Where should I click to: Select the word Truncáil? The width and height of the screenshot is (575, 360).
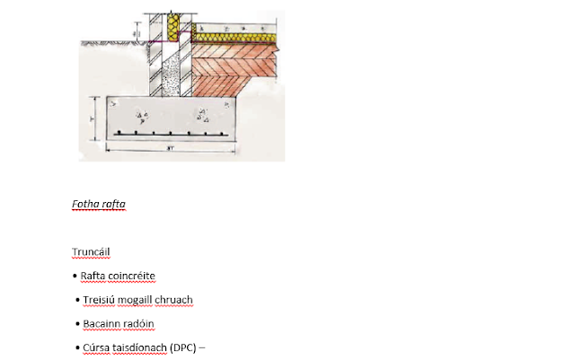click(x=91, y=252)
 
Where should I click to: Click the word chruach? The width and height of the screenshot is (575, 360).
click(x=173, y=300)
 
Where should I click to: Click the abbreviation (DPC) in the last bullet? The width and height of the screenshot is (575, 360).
click(x=183, y=347)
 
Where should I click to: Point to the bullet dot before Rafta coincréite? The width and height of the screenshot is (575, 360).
click(x=75, y=276)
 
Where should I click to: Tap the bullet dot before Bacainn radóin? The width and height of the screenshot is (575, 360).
click(x=77, y=324)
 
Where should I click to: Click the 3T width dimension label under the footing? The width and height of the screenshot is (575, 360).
click(x=170, y=148)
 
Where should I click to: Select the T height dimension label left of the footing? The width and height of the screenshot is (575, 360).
click(x=92, y=119)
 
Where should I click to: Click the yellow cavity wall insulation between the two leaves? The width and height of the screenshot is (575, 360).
click(x=173, y=28)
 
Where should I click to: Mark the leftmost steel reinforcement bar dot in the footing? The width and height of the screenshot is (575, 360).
click(x=119, y=133)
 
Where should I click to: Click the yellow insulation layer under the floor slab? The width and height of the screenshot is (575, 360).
click(x=234, y=38)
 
